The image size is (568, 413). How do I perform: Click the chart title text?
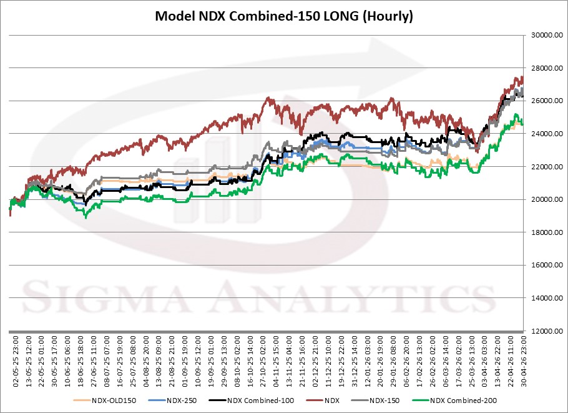284,16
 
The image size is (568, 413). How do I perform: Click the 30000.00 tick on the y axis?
541,35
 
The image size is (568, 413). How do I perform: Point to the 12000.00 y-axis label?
541,331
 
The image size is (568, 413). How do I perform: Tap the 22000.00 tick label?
541,167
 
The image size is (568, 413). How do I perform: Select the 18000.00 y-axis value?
541,232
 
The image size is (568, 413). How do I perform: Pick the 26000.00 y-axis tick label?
541,101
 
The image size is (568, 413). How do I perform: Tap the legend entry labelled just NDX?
328,401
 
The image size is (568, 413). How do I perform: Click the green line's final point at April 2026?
522,123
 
